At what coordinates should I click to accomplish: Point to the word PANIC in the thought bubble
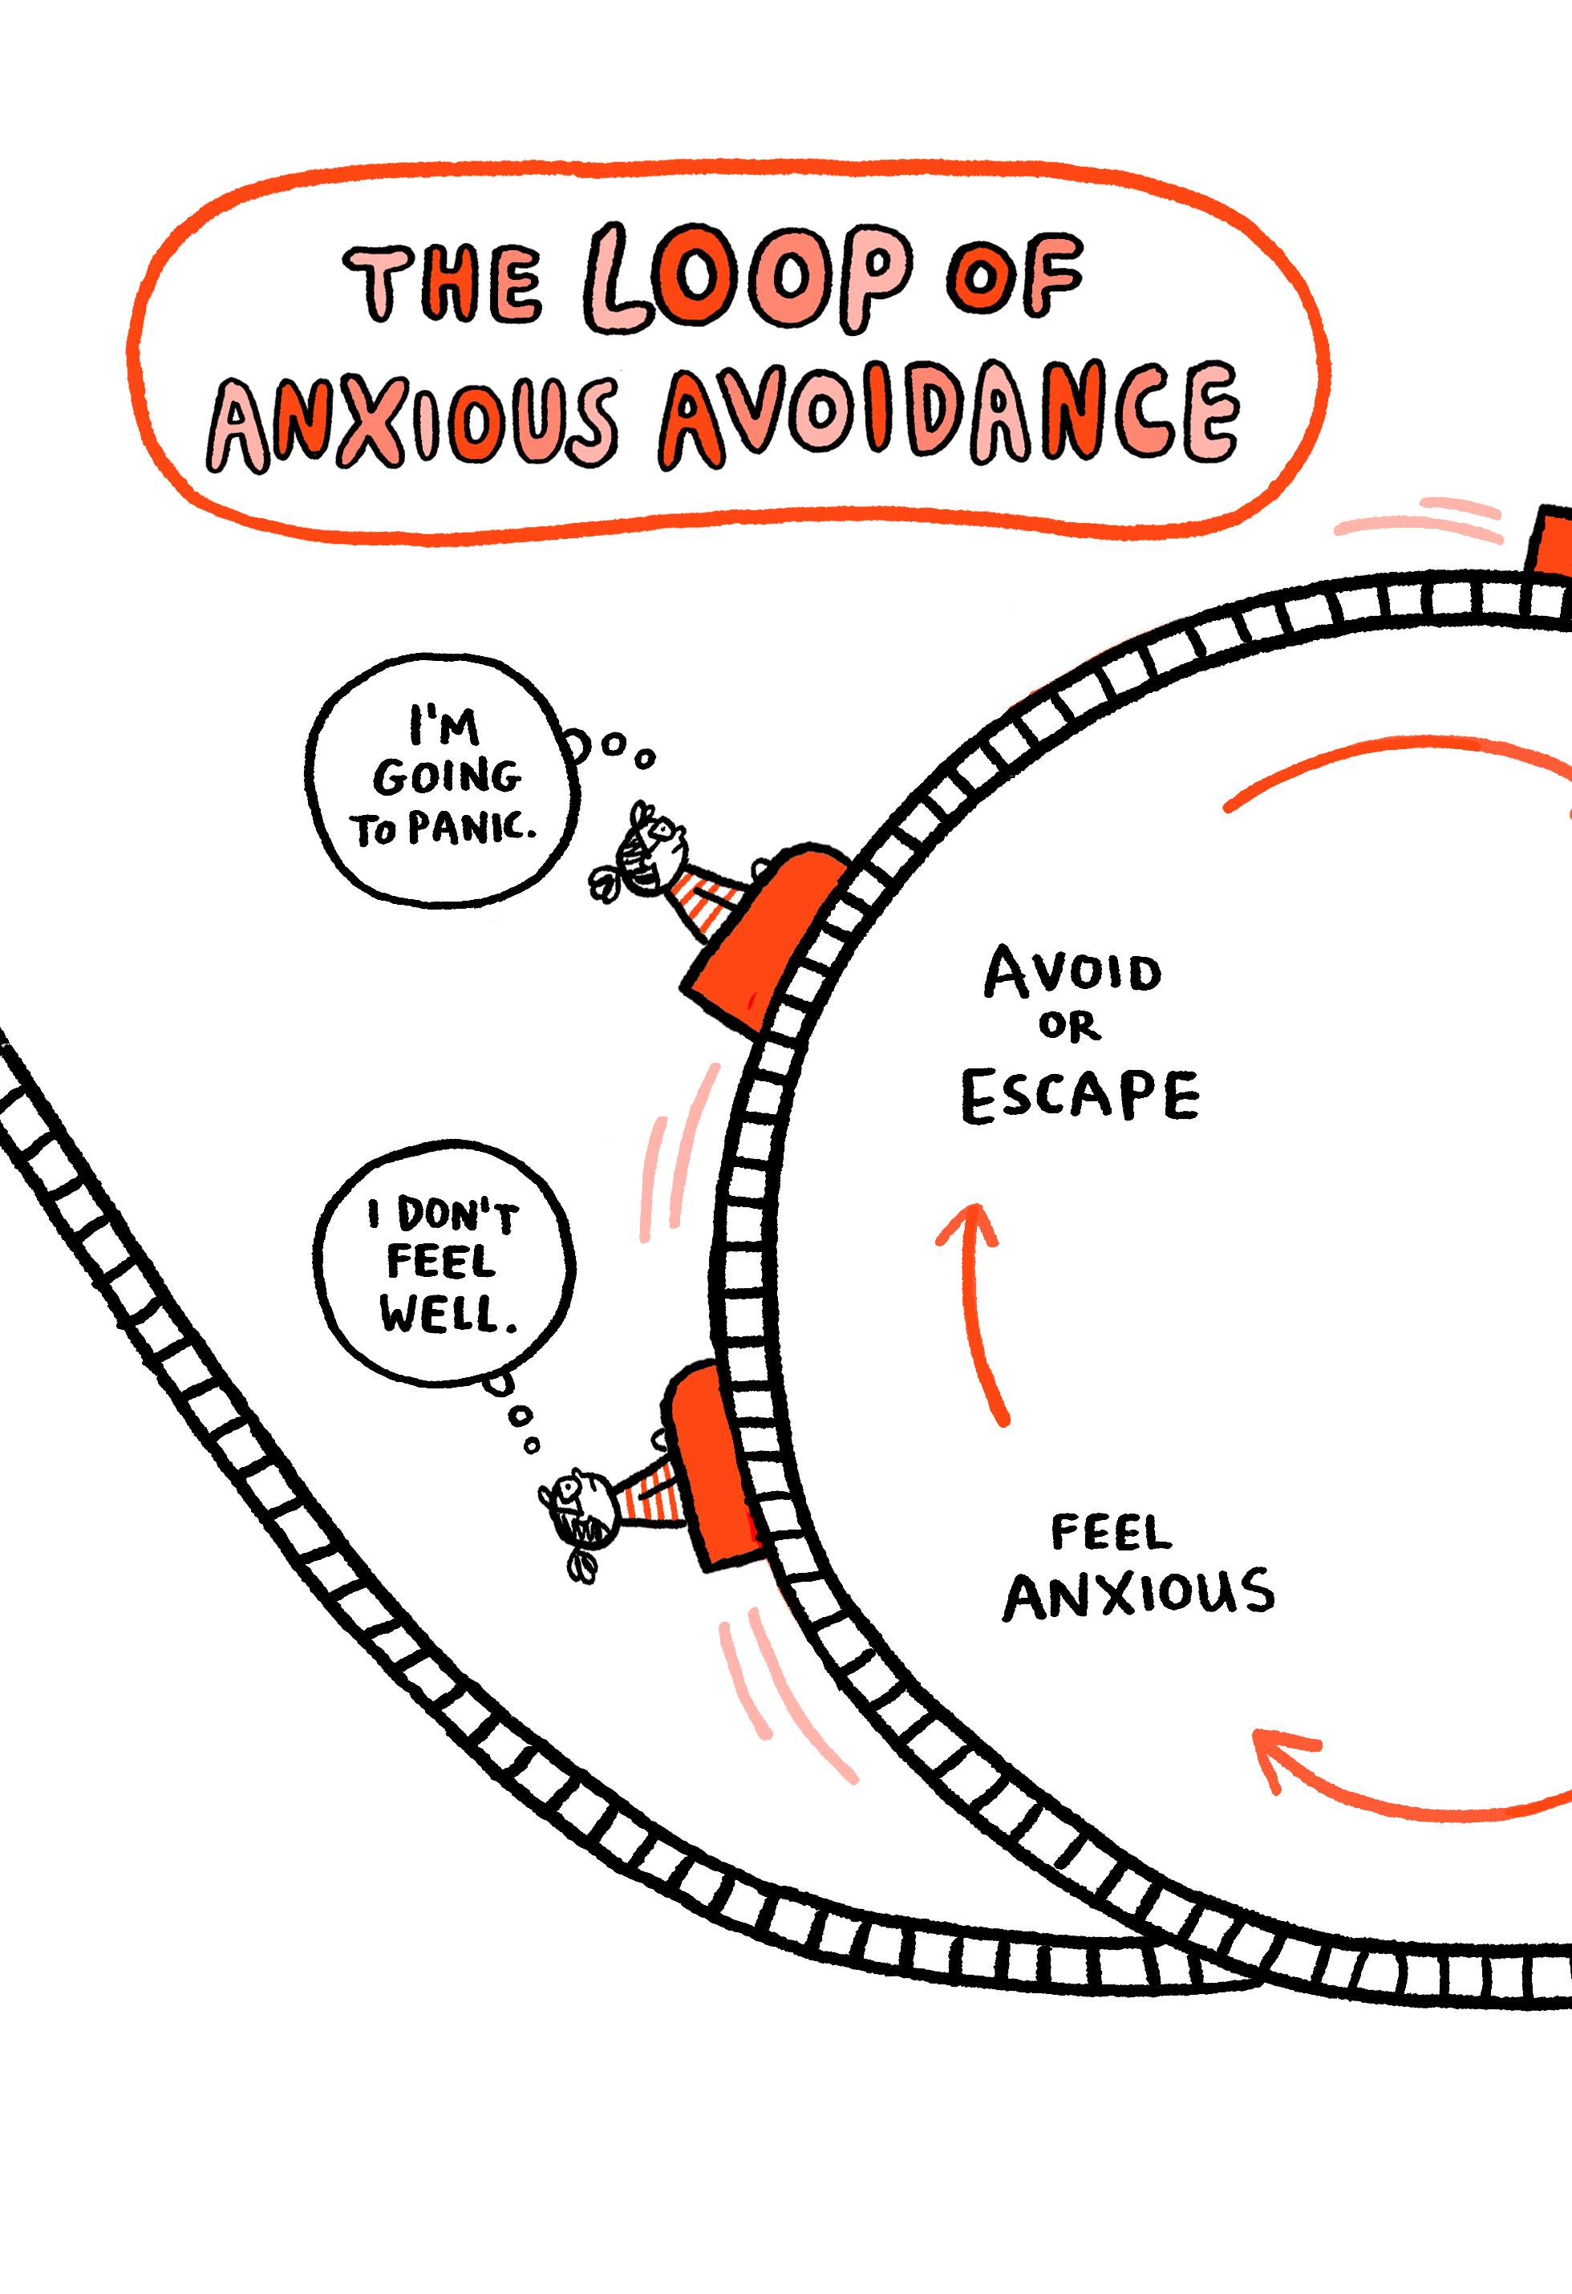click(x=476, y=831)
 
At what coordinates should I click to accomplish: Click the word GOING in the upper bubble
click(x=444, y=779)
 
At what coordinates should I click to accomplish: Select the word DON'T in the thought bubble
click(x=456, y=1217)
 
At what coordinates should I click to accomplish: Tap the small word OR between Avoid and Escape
click(x=1072, y=1030)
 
